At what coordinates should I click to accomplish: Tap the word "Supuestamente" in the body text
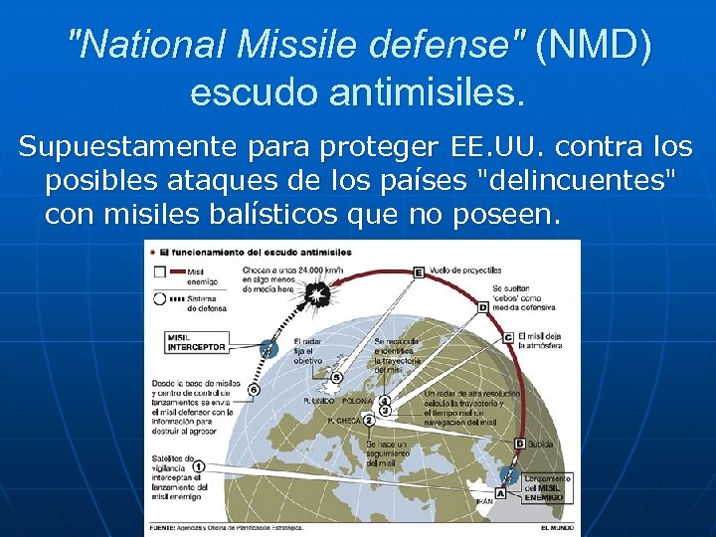pos(123,148)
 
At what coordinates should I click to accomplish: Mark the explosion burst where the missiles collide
pos(317,293)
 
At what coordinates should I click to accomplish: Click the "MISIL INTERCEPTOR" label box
pos(197,342)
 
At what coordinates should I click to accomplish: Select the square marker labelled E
pos(419,271)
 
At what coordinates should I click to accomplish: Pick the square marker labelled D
pos(483,307)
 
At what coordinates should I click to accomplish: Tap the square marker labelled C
pos(508,338)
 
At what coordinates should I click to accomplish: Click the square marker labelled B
pos(519,444)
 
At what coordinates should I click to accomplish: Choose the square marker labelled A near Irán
pos(500,492)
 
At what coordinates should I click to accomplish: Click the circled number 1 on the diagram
pos(199,465)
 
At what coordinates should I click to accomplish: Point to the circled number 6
pos(255,391)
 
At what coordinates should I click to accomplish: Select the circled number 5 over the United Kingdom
pos(336,378)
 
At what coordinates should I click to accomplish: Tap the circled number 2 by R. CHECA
pos(368,421)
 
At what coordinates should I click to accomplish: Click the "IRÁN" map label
pos(485,502)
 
